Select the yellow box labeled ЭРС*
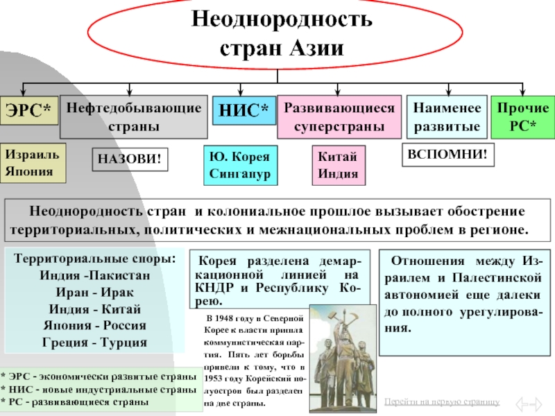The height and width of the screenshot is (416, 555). (29, 111)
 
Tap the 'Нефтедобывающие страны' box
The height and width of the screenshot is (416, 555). (134, 117)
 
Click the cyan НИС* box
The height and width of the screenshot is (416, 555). (243, 110)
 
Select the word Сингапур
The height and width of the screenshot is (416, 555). (239, 173)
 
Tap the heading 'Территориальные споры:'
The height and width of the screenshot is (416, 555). (95, 259)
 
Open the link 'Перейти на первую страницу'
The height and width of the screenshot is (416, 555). (441, 402)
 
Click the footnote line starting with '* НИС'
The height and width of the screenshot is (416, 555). (97, 390)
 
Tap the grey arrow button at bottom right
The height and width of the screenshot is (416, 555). (531, 403)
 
